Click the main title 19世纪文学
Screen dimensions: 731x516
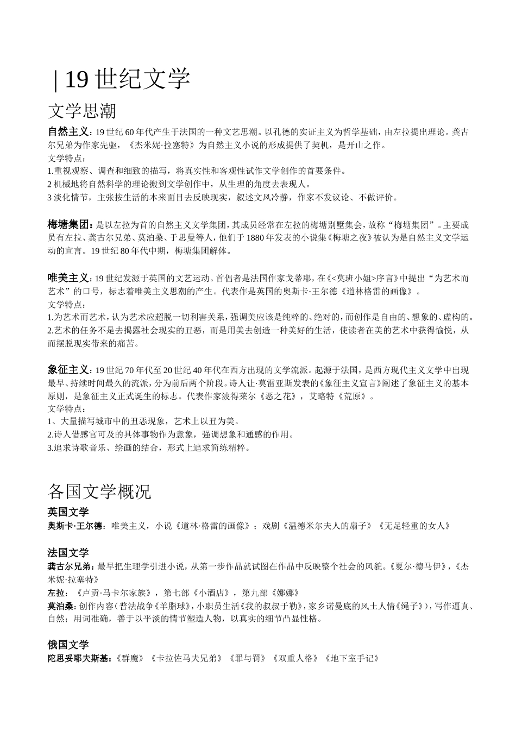coord(127,79)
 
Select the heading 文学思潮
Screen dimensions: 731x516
coord(82,112)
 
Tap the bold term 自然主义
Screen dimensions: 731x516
coord(68,132)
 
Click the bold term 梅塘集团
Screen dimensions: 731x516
coord(68,225)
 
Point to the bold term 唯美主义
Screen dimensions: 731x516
coord(68,278)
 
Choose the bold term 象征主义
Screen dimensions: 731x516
coord(68,370)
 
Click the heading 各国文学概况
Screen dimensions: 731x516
coord(99,492)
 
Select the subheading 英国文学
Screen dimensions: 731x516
coord(68,512)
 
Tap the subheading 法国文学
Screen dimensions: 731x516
coord(68,553)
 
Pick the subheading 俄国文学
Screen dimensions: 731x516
coord(68,645)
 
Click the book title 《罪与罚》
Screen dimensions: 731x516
coord(248,658)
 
